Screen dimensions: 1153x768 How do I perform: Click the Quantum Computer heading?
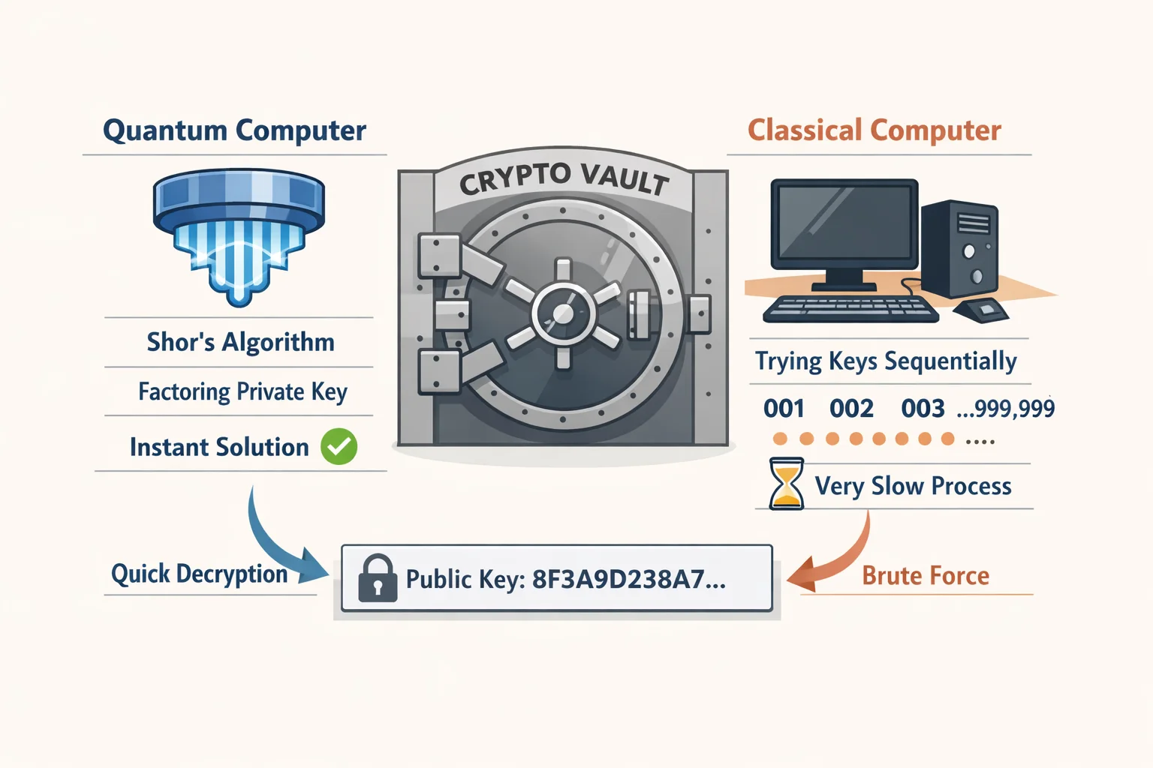(x=235, y=130)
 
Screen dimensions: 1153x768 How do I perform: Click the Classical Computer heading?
(x=875, y=130)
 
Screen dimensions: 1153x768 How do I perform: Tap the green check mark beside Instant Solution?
(x=339, y=446)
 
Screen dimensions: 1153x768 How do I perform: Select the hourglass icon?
(x=786, y=484)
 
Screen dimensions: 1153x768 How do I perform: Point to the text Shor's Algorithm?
(x=240, y=342)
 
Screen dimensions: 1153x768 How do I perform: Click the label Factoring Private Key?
(x=243, y=392)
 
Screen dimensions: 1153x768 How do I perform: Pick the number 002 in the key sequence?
(x=851, y=409)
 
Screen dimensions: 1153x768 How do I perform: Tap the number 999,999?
(x=1014, y=409)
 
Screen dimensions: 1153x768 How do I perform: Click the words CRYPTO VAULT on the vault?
(x=564, y=180)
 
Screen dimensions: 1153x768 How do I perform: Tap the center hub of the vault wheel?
(x=563, y=313)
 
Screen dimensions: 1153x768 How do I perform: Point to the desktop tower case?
(x=960, y=249)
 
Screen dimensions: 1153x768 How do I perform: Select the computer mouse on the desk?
(x=980, y=310)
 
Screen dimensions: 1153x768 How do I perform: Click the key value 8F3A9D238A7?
(x=629, y=579)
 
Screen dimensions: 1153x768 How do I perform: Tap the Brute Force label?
(x=926, y=575)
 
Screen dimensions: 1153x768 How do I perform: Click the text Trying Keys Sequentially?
(x=886, y=361)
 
